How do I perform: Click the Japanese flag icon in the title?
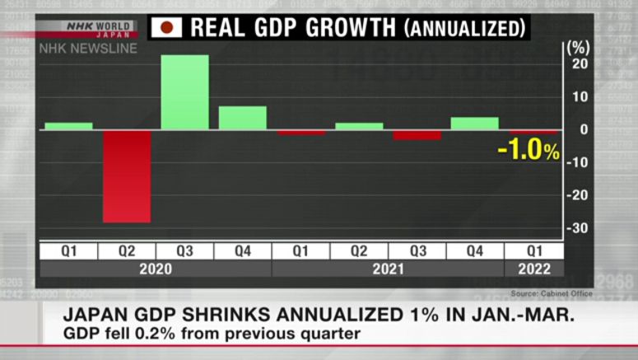pyautogui.click(x=166, y=28)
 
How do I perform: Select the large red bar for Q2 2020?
pyautogui.click(x=126, y=175)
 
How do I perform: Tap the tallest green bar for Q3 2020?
pyautogui.click(x=184, y=92)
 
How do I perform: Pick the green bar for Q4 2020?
pyautogui.click(x=242, y=118)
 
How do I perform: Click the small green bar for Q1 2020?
pyautogui.click(x=68, y=126)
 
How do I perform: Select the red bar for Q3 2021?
pyautogui.click(x=417, y=135)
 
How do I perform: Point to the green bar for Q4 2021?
pyautogui.click(x=474, y=124)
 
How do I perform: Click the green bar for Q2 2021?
pyautogui.click(x=359, y=126)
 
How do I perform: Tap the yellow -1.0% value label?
pyautogui.click(x=529, y=151)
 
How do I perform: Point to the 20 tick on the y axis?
pyautogui.click(x=580, y=64)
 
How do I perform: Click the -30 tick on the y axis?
pyautogui.click(x=578, y=228)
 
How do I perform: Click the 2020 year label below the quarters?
pyautogui.click(x=155, y=269)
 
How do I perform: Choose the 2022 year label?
pyautogui.click(x=533, y=269)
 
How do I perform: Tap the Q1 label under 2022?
pyautogui.click(x=533, y=251)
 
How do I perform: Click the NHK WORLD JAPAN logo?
pyautogui.click(x=99, y=29)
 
